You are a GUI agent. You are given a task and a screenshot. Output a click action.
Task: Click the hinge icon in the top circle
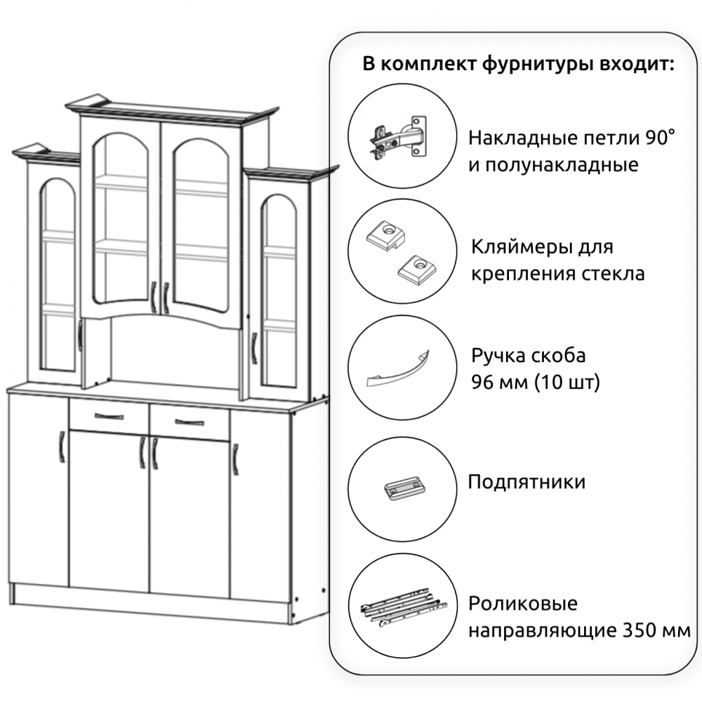tap(398, 137)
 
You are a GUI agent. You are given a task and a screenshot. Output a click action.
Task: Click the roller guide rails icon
tap(404, 606)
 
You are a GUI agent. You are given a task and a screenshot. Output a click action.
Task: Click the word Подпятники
tap(526, 483)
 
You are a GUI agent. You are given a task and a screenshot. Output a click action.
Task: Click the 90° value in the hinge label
tap(660, 138)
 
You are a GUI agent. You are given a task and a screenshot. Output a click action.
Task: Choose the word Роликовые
tap(523, 604)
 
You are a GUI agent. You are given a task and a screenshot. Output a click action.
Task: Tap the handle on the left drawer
tap(109, 417)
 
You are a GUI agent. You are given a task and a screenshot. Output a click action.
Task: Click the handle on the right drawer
tap(190, 422)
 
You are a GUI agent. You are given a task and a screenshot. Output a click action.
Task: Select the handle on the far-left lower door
tap(62, 446)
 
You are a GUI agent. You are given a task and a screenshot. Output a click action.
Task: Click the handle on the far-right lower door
tap(235, 459)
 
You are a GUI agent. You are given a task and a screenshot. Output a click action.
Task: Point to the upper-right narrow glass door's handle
tap(254, 348)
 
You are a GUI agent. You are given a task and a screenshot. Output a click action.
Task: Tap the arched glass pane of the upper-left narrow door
tap(58, 275)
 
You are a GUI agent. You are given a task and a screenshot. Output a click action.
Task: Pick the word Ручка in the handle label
tap(498, 356)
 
